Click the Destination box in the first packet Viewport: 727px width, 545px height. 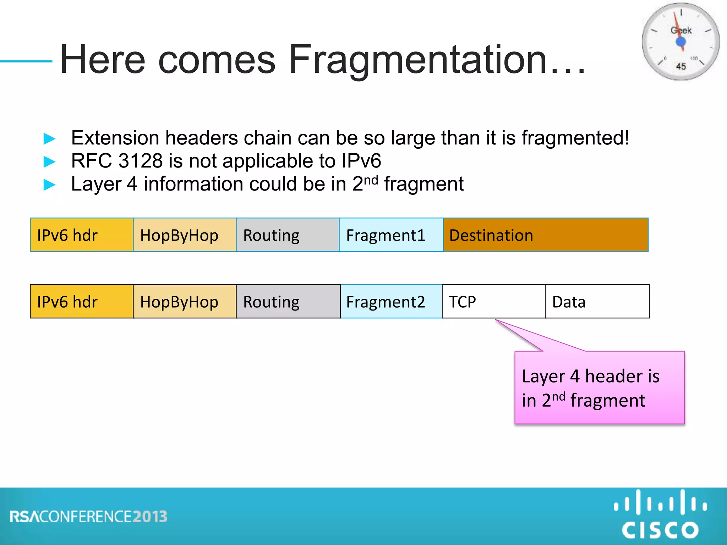546,235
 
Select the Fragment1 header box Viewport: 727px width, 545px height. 391,235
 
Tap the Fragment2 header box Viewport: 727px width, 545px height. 391,302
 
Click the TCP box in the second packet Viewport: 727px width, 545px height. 493,302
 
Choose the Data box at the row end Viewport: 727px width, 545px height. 597,302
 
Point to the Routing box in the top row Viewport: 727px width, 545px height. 288,235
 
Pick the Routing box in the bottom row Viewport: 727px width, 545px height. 288,302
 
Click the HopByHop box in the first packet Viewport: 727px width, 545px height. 185,235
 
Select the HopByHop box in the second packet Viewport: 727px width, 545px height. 185,302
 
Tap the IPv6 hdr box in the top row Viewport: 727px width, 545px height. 82,235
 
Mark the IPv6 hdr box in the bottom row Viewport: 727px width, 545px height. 82,302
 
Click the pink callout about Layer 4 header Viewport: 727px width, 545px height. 599,387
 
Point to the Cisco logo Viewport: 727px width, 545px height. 660,514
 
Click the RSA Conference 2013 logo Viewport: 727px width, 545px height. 89,517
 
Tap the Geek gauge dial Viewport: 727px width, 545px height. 680,42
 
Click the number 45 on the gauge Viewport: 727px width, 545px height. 681,66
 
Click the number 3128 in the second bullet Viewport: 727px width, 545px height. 141,161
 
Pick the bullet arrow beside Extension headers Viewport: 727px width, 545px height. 49,138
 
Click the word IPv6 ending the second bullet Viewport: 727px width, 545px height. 361,161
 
